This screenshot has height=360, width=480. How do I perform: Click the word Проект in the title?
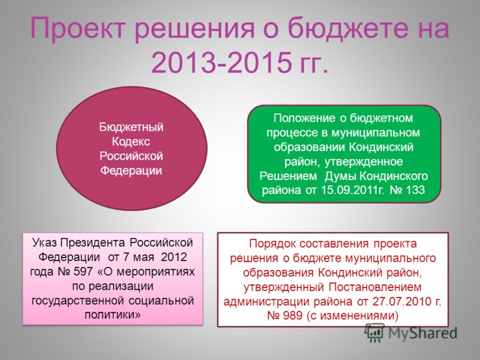tap(77, 28)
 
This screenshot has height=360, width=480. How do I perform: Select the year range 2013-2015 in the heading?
tap(221, 62)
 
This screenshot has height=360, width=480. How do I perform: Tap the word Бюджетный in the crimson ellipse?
tap(131, 127)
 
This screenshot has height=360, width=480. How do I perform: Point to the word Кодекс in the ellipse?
tap(131, 142)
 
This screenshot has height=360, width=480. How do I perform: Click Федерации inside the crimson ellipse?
tap(131, 170)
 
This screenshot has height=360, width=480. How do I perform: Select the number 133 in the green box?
tap(415, 190)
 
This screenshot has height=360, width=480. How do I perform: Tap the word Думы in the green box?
tap(340, 176)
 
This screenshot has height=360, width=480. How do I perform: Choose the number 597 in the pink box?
tap(83, 271)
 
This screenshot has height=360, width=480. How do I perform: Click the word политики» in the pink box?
tap(113, 314)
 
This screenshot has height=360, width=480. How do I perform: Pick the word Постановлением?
tap(376, 287)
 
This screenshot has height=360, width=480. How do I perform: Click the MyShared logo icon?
tap(374, 333)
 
